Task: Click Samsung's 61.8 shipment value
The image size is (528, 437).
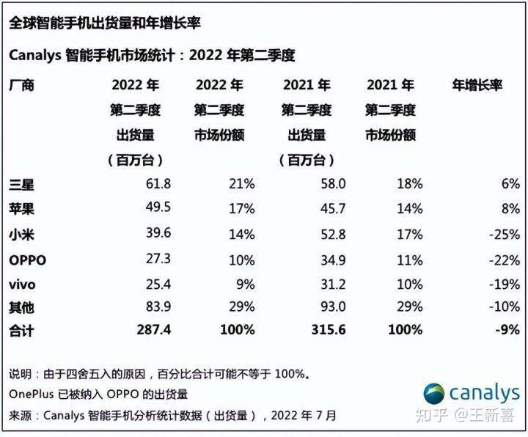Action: coord(158,184)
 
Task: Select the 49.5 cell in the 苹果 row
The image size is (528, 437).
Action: coord(158,207)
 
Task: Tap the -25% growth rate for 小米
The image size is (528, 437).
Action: coord(505,235)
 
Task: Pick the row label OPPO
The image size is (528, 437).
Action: coord(28,260)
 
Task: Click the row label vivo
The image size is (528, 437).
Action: coord(22,284)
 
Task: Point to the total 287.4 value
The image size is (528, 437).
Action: coord(154,330)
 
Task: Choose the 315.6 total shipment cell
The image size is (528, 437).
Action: coord(329,330)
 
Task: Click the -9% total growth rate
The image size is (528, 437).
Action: coord(507,330)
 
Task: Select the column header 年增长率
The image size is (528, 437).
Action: coord(477,85)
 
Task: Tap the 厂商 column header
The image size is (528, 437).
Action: coord(21,85)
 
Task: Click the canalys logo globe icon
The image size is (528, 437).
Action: coord(433,394)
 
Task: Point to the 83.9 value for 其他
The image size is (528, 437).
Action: coord(158,306)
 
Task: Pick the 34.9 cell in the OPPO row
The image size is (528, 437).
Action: coord(333,260)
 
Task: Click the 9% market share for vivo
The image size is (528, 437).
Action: coord(246,284)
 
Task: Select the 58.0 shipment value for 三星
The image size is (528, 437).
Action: coord(333,184)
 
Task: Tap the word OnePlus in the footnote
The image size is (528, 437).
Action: coord(32,394)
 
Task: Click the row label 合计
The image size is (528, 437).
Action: coord(21,331)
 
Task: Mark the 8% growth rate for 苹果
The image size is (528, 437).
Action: coord(511,209)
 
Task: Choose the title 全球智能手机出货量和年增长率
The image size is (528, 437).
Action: coord(105,23)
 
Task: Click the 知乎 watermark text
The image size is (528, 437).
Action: coord(432,415)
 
